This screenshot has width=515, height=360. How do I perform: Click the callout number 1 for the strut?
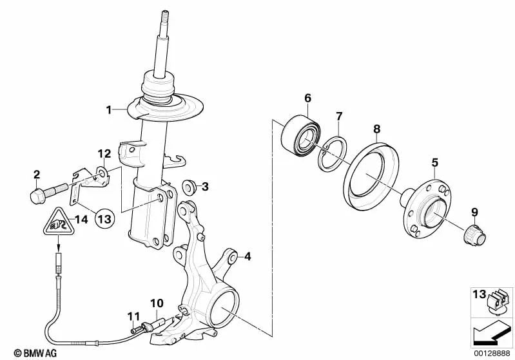click(110, 110)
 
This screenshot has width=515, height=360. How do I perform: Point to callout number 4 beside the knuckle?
click(247, 258)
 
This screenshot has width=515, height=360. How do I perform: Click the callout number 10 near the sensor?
click(157, 303)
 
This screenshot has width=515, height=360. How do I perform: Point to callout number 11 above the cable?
click(133, 316)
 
